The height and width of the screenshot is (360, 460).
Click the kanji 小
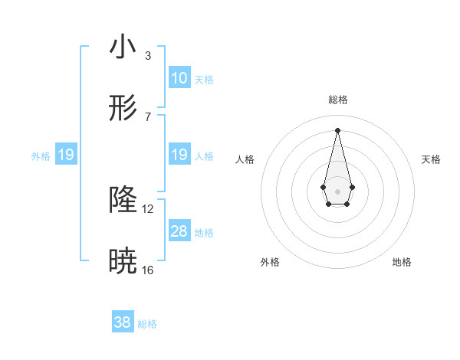pyautogui.click(x=123, y=47)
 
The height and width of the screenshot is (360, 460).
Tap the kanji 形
pyautogui.click(x=123, y=109)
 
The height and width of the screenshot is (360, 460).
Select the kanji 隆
pyautogui.click(x=123, y=201)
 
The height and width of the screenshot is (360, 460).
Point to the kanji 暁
pyautogui.click(x=123, y=262)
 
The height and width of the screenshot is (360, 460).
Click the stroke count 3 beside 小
pyautogui.click(x=148, y=56)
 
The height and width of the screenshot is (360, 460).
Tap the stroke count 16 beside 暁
pyautogui.click(x=148, y=270)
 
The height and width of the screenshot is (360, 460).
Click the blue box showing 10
pyautogui.click(x=179, y=78)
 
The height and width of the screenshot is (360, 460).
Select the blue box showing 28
pyautogui.click(x=179, y=231)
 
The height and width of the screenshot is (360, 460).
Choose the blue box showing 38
pyautogui.click(x=123, y=322)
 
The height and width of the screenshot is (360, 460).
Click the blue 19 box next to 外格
pyautogui.click(x=66, y=155)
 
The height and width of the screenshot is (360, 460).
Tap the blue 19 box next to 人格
pyautogui.click(x=179, y=155)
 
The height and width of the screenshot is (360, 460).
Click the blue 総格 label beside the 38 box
pyautogui.click(x=147, y=324)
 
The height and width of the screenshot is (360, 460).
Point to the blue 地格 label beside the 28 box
pyautogui.click(x=204, y=233)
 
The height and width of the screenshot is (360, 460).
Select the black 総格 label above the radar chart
pyautogui.click(x=338, y=100)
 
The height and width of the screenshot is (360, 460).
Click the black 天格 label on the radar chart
pyautogui.click(x=432, y=159)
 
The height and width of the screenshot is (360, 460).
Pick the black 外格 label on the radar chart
pyautogui.click(x=270, y=262)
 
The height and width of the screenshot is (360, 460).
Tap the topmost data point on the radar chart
pyautogui.click(x=337, y=129)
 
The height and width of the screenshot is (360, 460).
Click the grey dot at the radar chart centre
pyautogui.click(x=337, y=190)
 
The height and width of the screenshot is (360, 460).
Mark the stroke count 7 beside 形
pyautogui.click(x=148, y=117)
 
